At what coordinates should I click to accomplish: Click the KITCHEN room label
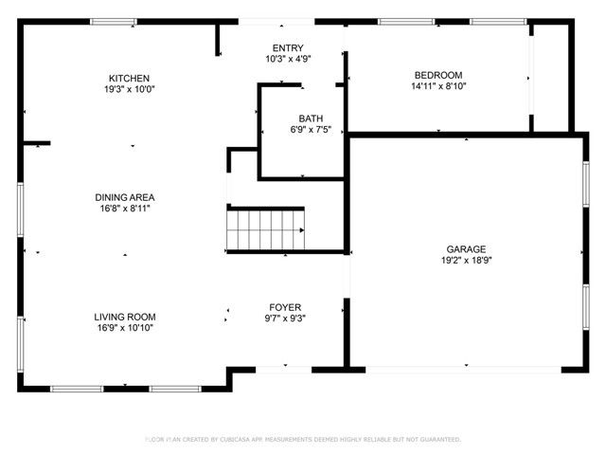click(x=130, y=78)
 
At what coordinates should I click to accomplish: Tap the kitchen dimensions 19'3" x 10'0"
click(x=130, y=89)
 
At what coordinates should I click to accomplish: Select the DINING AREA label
click(x=124, y=197)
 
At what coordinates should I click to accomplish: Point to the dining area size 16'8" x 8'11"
click(x=124, y=209)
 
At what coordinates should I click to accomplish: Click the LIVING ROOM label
click(x=124, y=317)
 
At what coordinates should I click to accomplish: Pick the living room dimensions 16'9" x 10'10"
click(x=124, y=328)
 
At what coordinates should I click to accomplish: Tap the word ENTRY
click(x=289, y=48)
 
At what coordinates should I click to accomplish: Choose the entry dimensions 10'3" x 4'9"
click(x=289, y=59)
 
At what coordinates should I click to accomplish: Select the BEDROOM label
click(x=438, y=75)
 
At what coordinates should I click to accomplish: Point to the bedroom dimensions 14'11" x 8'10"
click(x=438, y=86)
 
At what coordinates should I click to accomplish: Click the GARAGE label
click(x=466, y=249)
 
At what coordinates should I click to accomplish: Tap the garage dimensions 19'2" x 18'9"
click(x=466, y=261)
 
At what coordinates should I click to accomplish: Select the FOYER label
click(x=285, y=307)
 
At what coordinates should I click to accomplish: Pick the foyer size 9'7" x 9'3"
click(x=285, y=318)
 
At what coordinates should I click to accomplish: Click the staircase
click(x=266, y=229)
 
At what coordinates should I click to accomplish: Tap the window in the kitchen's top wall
click(x=120, y=21)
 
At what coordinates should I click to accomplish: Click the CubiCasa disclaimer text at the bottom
click(x=303, y=440)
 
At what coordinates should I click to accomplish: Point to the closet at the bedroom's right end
click(x=550, y=76)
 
